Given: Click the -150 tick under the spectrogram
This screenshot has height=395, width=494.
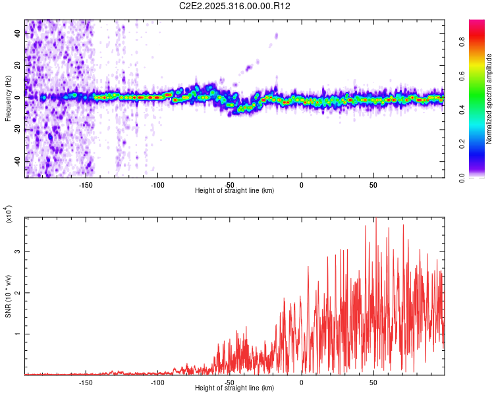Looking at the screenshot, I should click(86, 185).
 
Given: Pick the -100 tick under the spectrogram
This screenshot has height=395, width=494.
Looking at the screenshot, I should click(157, 185).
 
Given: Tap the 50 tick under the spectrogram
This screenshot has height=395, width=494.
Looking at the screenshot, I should click(373, 185).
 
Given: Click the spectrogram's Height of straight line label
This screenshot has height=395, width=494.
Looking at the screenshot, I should click(234, 191).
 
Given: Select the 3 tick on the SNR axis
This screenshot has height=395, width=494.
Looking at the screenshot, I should click(18, 251).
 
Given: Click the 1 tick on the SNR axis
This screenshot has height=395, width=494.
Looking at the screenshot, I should click(18, 334).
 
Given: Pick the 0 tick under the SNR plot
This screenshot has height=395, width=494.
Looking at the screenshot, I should click(301, 382).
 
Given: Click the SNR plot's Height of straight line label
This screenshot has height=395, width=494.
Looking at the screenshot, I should click(234, 388).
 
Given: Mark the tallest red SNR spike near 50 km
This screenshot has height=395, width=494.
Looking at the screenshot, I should click(375, 220).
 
